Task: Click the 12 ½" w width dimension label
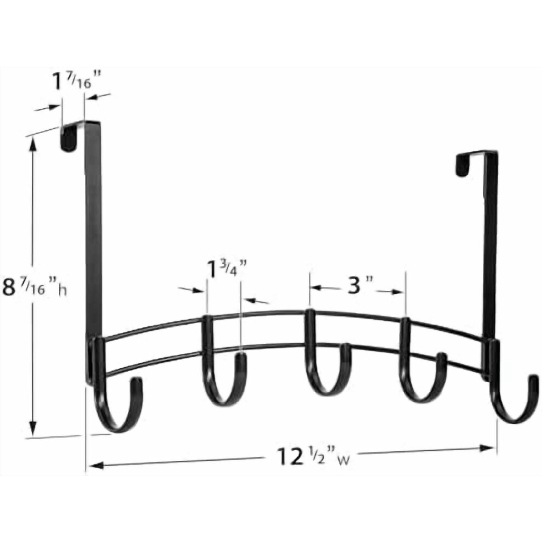coord(313,457)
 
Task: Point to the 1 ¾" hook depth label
coord(227,270)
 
